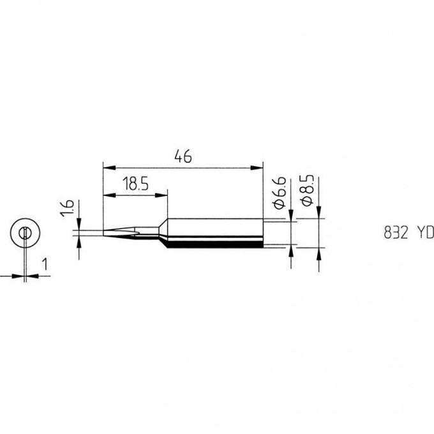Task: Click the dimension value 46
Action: tap(183, 157)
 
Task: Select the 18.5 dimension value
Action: tap(135, 184)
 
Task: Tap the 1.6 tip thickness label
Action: tap(68, 208)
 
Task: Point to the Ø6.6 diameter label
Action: tap(279, 193)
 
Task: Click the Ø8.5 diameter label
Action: tap(308, 190)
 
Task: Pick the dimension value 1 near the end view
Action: tap(45, 264)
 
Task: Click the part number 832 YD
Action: tap(408, 233)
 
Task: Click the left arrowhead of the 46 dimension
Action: tap(109, 168)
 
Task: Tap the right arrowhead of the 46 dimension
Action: tap(257, 168)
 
